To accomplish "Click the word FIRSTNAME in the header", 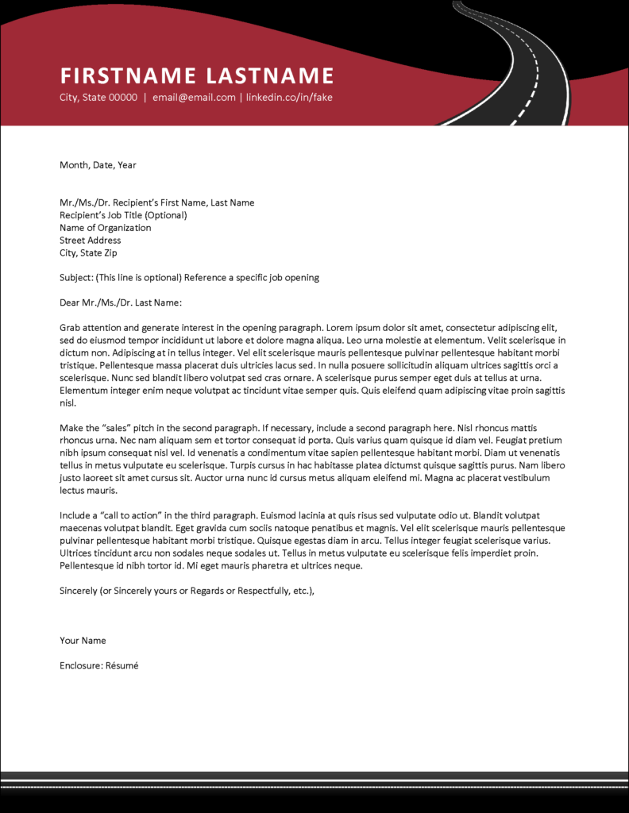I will click(x=128, y=76).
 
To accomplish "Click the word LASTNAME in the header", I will click(x=270, y=76).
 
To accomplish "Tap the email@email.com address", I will click(x=194, y=98).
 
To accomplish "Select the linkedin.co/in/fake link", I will click(x=289, y=98).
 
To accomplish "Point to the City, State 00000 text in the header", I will click(x=98, y=98).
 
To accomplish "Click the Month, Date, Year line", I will click(x=98, y=165).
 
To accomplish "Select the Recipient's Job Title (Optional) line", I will click(x=123, y=215).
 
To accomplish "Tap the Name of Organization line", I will click(x=105, y=228).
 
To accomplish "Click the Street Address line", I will click(x=90, y=241).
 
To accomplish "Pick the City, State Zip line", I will click(x=88, y=253).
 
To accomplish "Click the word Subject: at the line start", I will click(x=75, y=278).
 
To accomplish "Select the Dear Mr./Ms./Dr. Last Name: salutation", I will click(x=121, y=302).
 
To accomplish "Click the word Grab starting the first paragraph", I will click(x=70, y=327).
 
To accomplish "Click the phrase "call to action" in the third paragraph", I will click(x=131, y=515).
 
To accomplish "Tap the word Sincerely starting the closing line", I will click(x=79, y=591).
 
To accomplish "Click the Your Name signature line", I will click(x=83, y=641).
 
